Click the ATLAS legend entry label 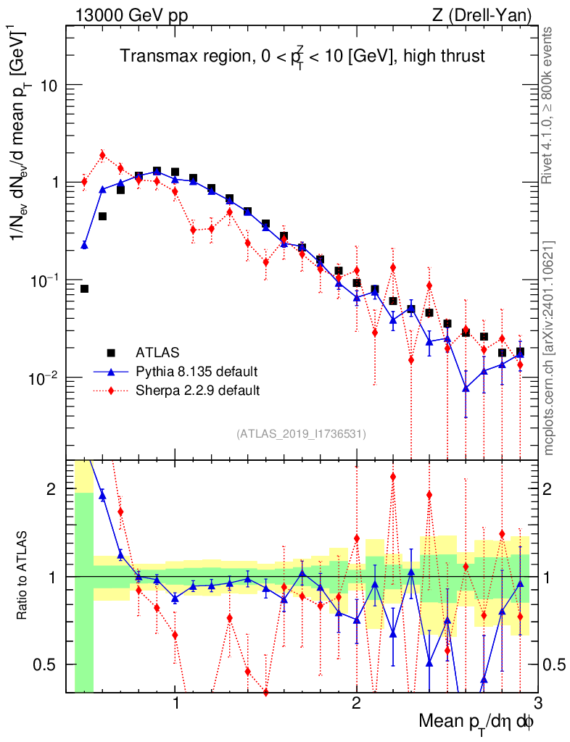pos(157,353)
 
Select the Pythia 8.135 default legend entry pos(197,372)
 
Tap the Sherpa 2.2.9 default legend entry pos(197,391)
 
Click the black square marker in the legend pos(111,353)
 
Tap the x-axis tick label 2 pos(357,703)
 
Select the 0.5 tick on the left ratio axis pos(45,665)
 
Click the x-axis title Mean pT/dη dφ pos(476,723)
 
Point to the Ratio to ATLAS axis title pos(22,575)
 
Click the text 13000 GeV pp pos(131,16)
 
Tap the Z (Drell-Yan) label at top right pos(482,16)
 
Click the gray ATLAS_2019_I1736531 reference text pos(301,433)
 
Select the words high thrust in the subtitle pos(444,57)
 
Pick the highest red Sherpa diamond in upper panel pos(102,155)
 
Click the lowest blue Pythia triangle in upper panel pos(466,388)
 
